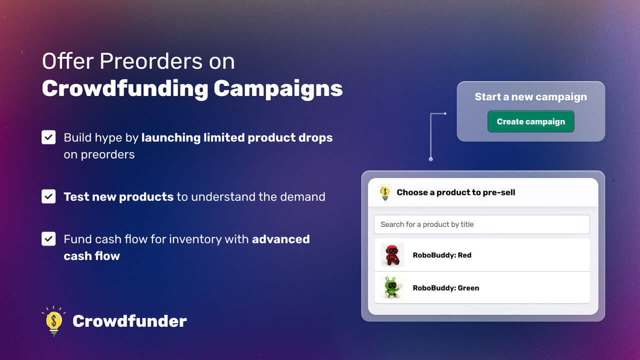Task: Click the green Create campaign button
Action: [x=531, y=121]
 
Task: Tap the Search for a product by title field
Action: [x=481, y=224]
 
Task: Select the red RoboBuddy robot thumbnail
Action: [x=392, y=255]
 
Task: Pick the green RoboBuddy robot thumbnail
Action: [x=392, y=287]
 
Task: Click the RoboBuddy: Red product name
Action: [x=442, y=255]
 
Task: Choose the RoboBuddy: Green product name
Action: [x=446, y=287]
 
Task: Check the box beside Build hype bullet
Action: [x=48, y=137]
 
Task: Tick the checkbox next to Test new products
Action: [x=48, y=196]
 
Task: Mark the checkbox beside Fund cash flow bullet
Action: [x=48, y=239]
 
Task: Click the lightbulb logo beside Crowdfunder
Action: [x=53, y=321]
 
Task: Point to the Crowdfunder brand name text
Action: [x=129, y=321]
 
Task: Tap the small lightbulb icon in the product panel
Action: [x=385, y=192]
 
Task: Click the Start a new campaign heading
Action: [x=531, y=97]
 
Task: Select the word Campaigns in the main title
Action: [x=278, y=89]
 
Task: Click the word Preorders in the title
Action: [x=151, y=61]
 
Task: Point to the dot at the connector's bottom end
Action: [x=431, y=159]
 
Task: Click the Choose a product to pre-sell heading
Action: [x=456, y=192]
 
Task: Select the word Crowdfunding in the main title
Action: [x=125, y=89]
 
